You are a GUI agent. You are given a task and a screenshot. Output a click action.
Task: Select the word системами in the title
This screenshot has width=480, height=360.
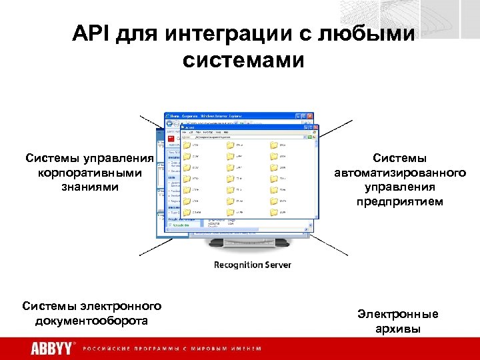(243, 61)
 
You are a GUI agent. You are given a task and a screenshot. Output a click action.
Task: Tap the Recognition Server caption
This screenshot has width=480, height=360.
(252, 265)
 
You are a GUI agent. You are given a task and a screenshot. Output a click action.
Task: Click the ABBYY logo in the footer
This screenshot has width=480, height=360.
(52, 348)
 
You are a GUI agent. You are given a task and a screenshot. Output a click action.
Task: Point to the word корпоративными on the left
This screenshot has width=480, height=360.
(90, 173)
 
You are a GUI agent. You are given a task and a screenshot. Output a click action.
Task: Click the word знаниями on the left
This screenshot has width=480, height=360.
(90, 187)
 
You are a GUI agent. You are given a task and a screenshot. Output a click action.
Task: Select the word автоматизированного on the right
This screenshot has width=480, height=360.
(399, 173)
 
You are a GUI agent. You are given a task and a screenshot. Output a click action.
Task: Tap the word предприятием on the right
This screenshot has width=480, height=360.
(399, 201)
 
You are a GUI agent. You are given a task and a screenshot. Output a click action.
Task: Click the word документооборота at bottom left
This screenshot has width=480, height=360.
(91, 321)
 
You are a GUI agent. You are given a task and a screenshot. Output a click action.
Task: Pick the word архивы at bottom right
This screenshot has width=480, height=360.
(398, 328)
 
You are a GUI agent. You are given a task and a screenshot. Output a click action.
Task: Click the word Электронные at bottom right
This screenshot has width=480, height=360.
(398, 314)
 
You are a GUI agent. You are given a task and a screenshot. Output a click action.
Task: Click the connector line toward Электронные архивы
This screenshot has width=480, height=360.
(337, 247)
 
